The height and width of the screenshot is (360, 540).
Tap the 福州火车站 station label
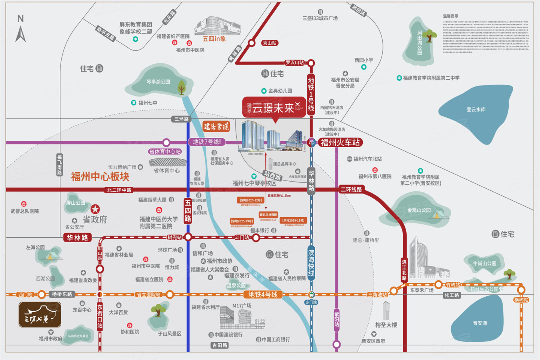[340, 142]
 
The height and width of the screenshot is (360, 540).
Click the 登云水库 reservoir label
[476, 109]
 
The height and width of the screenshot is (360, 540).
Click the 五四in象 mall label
[215, 38]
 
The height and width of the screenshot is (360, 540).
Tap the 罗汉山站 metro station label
[294, 63]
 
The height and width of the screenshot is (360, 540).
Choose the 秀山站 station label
[269, 43]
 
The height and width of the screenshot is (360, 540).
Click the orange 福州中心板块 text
[100, 177]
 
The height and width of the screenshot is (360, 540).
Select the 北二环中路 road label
[118, 190]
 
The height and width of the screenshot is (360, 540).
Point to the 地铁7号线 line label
[206, 142]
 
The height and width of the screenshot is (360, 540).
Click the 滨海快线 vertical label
[311, 264]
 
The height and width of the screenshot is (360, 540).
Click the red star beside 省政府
[95, 209]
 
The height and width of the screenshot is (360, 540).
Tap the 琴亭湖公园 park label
[158, 81]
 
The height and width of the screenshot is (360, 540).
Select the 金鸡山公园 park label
[419, 210]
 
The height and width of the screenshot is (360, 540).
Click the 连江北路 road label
[404, 269]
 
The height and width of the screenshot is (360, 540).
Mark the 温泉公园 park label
[236, 286]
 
